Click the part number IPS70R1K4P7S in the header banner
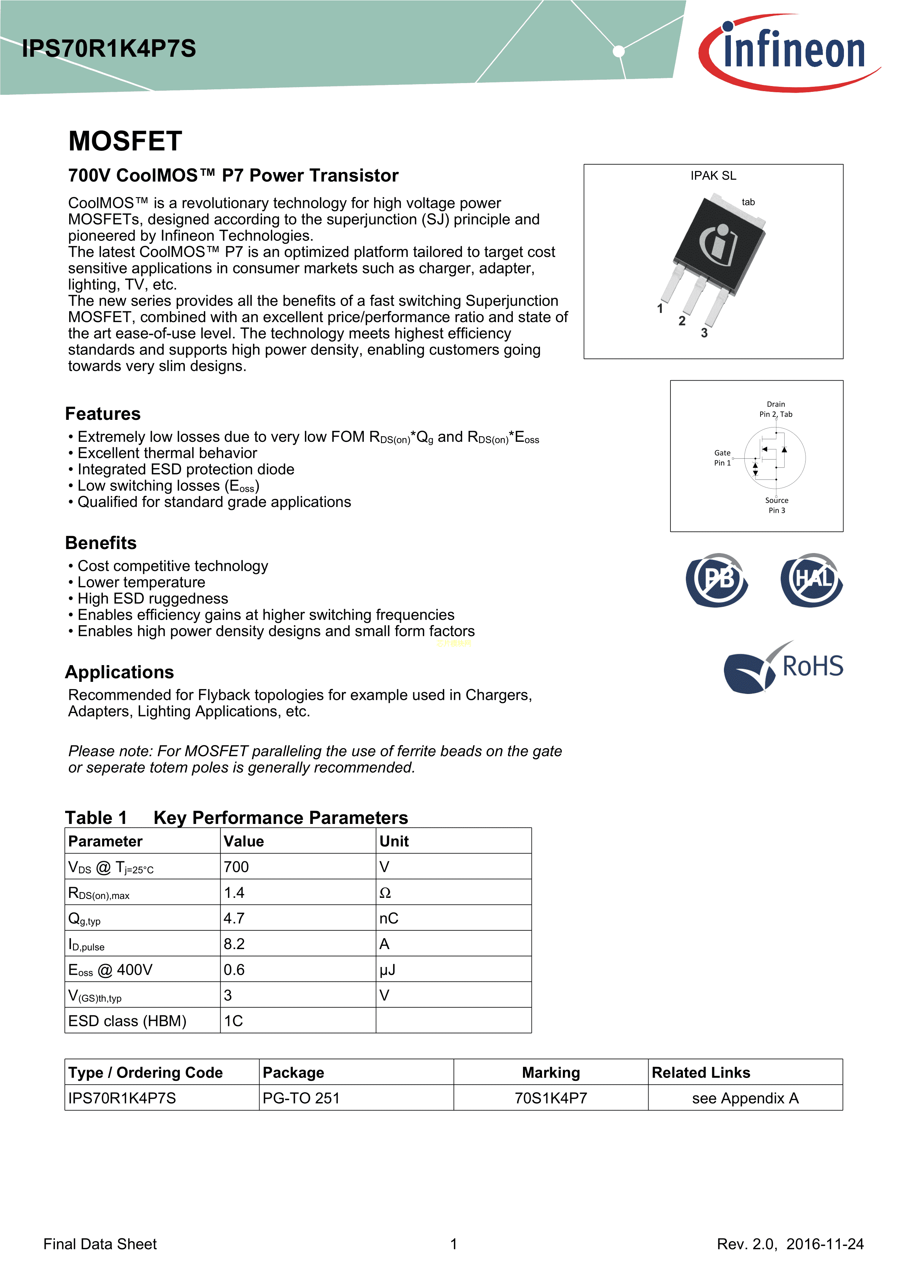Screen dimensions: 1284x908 pos(109,49)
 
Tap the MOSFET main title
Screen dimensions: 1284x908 pos(125,141)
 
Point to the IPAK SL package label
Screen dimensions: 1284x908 pos(713,176)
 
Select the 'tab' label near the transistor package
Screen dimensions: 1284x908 pos(748,202)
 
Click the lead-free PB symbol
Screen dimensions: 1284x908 pos(717,580)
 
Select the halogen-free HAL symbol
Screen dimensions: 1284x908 pos(811,580)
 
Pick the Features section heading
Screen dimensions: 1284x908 pos(103,414)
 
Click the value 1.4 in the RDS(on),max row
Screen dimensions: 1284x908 pos(234,892)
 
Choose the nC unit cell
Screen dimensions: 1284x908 pos(389,918)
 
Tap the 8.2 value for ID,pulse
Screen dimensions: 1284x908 pos(234,944)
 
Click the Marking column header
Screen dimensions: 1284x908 pos(551,1072)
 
